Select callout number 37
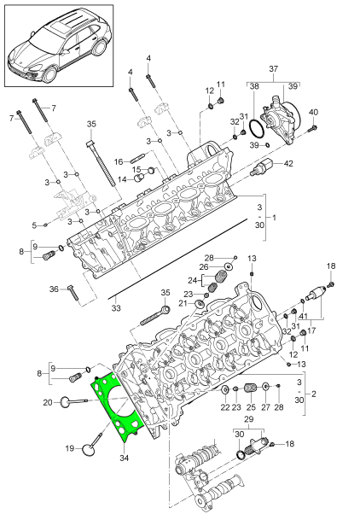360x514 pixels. coord(274,67)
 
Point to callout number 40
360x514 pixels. coord(313,113)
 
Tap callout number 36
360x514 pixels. coord(54,289)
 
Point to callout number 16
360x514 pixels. coord(119,160)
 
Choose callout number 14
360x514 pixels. coord(121,178)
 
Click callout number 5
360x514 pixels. coord(35,225)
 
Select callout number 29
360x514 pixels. coord(250,421)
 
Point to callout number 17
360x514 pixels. coord(311,330)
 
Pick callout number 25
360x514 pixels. coord(251,408)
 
